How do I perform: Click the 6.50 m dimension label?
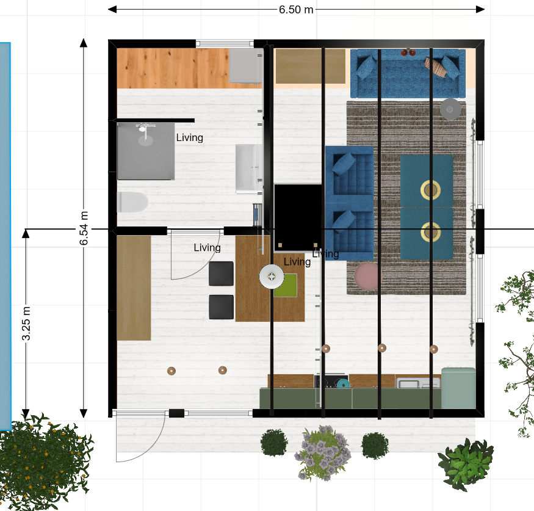(x=296, y=10)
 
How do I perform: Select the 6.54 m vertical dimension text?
(x=84, y=228)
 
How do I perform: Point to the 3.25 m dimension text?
(x=26, y=324)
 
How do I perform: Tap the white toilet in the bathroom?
(x=132, y=202)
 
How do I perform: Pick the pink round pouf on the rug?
(x=367, y=277)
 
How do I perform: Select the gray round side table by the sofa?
(x=450, y=109)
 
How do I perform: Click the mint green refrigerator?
(x=458, y=388)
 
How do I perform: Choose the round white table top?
(x=272, y=277)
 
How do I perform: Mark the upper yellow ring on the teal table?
(x=430, y=190)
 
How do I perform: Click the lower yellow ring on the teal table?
(x=430, y=232)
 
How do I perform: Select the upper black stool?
(x=222, y=274)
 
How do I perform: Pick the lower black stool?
(x=222, y=307)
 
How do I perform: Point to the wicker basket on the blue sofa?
(x=436, y=67)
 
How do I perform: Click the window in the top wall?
(x=225, y=43)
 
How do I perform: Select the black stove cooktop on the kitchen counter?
(x=331, y=381)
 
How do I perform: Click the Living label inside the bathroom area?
(x=189, y=137)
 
